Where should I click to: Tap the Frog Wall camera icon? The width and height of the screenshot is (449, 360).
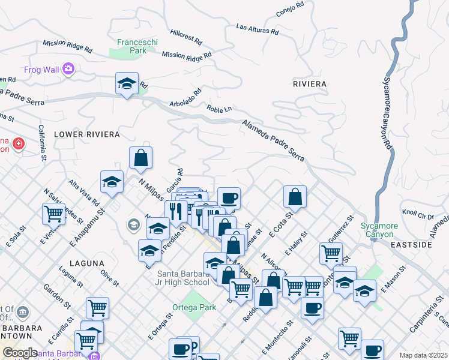[x=68, y=70]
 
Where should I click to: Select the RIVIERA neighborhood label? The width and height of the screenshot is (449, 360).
[x=310, y=84]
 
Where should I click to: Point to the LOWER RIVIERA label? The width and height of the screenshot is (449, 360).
[x=86, y=134]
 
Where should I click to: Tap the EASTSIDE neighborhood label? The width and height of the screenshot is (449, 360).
[x=427, y=245]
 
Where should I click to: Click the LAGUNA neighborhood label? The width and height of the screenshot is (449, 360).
[x=86, y=263]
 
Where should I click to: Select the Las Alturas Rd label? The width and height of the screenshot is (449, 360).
[x=258, y=28]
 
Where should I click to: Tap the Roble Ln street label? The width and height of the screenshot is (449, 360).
[x=219, y=109]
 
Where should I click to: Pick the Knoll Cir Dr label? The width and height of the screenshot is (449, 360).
[x=418, y=214]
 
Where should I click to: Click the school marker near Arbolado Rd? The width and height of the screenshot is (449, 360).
[x=127, y=83]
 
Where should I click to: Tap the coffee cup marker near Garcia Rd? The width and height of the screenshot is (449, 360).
[x=228, y=197]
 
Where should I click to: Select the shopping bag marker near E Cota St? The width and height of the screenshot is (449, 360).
[x=295, y=196]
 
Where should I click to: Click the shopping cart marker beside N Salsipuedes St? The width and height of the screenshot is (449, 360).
[x=54, y=213]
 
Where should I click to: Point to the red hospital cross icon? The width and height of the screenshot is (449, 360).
[x=19, y=144]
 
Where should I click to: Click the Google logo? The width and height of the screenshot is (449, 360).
[x=20, y=353]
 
